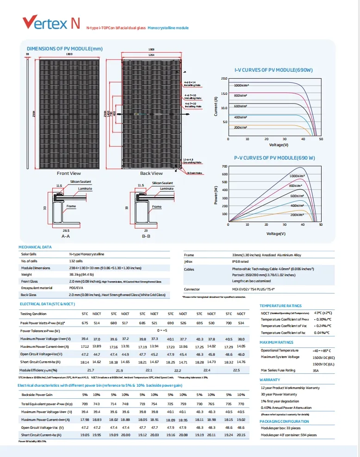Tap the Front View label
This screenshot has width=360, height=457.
click(x=69, y=173)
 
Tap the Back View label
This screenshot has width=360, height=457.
click(x=151, y=173)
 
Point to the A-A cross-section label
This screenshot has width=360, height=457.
click(x=66, y=236)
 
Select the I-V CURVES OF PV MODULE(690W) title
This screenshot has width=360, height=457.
click(x=273, y=70)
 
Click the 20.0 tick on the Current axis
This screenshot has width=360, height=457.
click(x=224, y=79)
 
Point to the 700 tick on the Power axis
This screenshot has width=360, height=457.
click(x=225, y=166)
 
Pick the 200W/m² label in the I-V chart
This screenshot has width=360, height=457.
click(x=240, y=127)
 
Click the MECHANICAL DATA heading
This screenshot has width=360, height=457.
click(x=36, y=247)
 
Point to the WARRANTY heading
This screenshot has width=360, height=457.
click(x=269, y=380)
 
